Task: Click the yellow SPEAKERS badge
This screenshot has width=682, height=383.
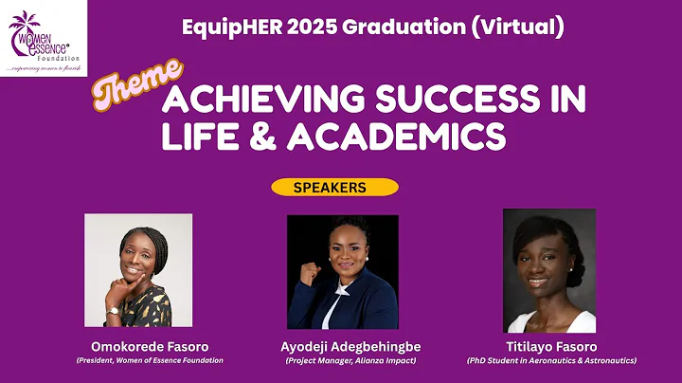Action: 332,187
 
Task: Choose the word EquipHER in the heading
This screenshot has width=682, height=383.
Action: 223,27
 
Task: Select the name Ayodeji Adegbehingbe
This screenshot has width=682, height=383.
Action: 342,347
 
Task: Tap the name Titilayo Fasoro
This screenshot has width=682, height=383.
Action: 550,347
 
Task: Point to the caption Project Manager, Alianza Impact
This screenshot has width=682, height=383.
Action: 342,360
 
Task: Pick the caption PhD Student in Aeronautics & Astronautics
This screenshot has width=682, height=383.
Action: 550,360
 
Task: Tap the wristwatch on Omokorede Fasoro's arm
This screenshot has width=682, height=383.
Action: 113,310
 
